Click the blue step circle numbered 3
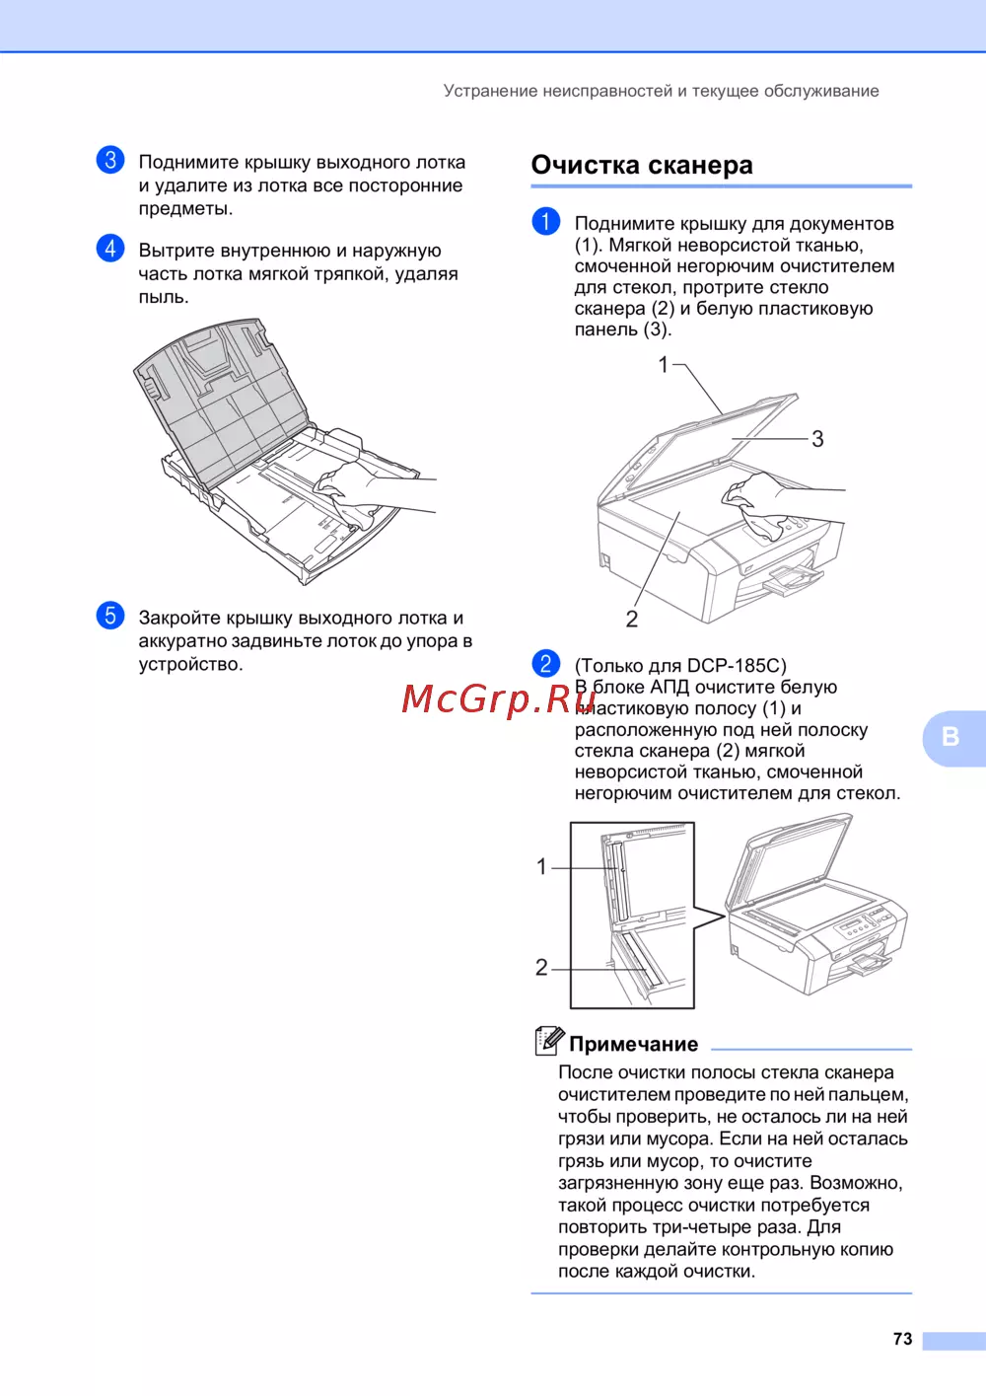[x=110, y=160]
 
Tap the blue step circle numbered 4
[x=110, y=248]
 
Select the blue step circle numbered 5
[x=110, y=615]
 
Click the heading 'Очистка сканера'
[x=642, y=165]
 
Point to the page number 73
[x=902, y=1339]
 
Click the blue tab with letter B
[x=953, y=738]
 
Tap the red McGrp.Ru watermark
[x=498, y=698]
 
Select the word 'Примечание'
[x=633, y=1044]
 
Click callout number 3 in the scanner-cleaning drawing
[x=817, y=439]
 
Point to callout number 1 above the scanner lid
[x=664, y=365]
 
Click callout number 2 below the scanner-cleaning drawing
[x=632, y=619]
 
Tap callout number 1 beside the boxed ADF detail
[x=541, y=866]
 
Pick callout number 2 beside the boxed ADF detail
[x=541, y=967]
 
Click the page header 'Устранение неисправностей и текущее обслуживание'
[x=661, y=91]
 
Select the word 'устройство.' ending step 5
[x=190, y=664]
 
